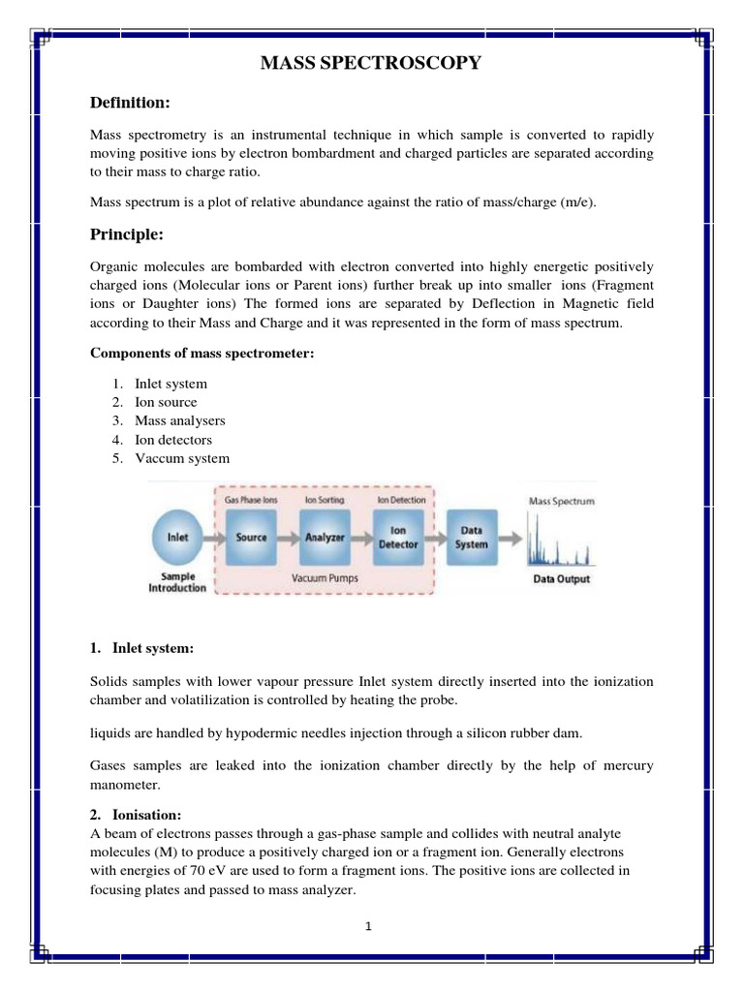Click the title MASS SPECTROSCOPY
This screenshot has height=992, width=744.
click(371, 64)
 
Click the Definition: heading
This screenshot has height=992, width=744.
click(130, 102)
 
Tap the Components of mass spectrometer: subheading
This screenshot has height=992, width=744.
click(201, 354)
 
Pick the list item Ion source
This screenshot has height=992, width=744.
click(166, 402)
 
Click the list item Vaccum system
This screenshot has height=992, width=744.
click(182, 458)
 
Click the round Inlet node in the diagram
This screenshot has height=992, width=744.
click(177, 536)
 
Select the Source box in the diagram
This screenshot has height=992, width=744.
click(251, 536)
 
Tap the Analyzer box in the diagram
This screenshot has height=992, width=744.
click(325, 536)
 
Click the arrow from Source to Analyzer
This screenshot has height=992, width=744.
click(288, 536)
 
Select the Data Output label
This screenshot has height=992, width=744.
click(561, 580)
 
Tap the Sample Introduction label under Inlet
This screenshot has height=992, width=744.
click(177, 582)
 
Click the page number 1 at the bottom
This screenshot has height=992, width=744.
click(369, 926)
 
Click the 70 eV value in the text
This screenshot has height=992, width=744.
click(207, 870)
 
